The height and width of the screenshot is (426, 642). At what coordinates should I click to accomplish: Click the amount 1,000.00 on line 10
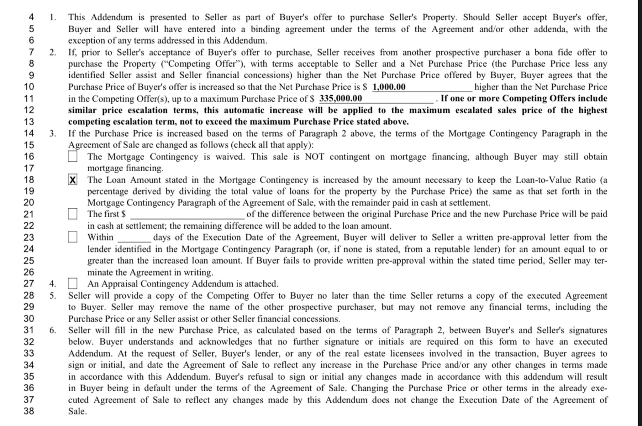389,87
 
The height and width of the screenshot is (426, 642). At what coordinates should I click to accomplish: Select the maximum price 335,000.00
340,98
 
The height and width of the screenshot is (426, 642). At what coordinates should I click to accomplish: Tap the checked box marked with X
72,180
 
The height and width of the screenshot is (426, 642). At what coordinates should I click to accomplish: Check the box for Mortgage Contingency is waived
72,156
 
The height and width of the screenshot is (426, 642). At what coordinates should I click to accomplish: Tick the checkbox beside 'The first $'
72,214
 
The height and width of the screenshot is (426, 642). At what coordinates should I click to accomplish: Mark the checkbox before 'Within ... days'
72,237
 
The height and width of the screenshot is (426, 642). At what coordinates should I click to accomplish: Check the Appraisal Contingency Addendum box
72,283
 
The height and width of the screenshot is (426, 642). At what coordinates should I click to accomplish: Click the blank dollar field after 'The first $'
187,215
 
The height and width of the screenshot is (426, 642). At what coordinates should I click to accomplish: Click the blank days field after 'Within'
134,238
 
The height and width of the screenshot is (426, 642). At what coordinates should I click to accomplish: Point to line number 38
29,411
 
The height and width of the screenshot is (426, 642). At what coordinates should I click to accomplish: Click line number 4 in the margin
31,17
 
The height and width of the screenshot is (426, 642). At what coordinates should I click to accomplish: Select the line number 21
29,214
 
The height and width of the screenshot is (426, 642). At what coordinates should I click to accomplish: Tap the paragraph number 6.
53,330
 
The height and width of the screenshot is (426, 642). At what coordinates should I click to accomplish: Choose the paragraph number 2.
53,52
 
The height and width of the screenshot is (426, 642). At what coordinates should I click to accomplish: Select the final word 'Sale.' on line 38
77,411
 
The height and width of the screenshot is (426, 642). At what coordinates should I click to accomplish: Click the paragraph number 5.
53,295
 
